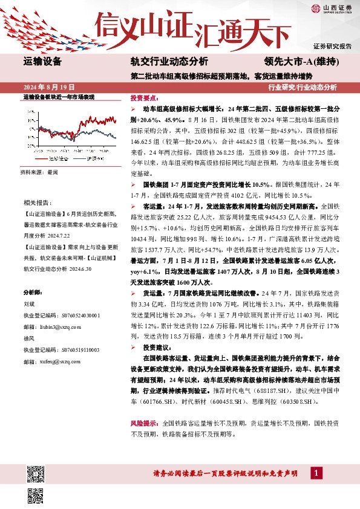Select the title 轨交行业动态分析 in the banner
coord(169,61)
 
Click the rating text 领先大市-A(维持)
coord(301,61)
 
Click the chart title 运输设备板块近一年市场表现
coord(59,97)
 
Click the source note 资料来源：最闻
coord(39,172)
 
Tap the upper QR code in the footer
coord(35,473)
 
